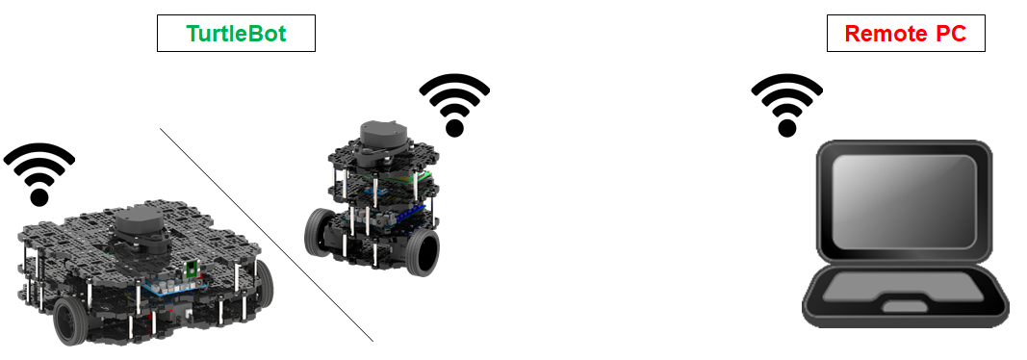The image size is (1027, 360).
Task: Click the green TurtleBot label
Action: (x=236, y=34)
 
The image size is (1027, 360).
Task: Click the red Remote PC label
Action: (x=906, y=34)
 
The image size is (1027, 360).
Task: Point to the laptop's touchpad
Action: (x=904, y=307)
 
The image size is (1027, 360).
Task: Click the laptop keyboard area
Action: (x=903, y=287)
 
